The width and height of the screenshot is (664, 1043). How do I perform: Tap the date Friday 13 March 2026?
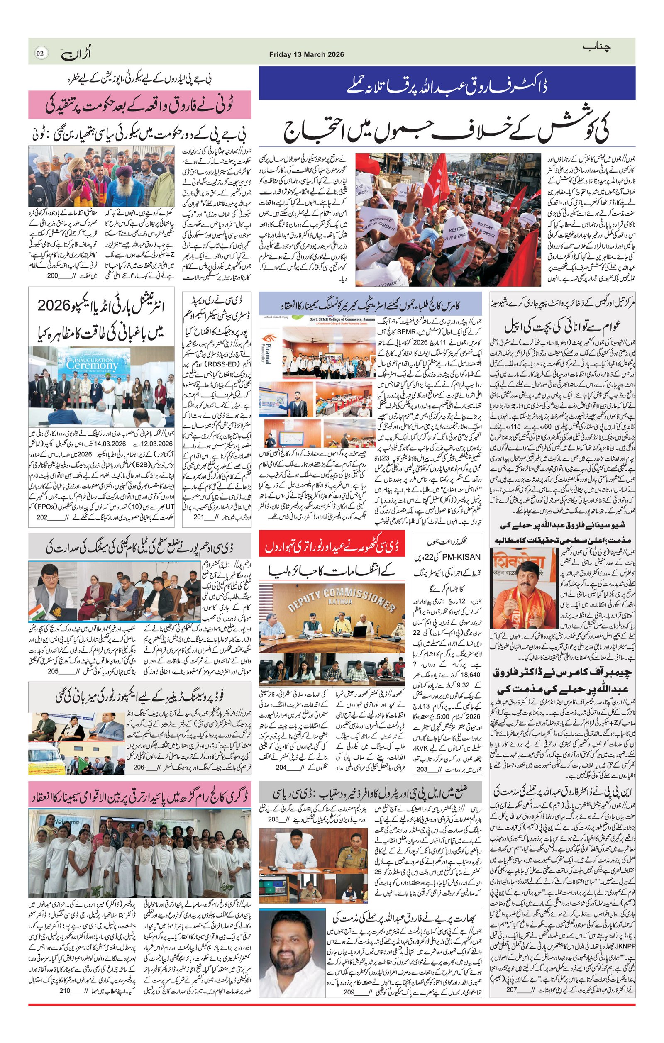pos(306,55)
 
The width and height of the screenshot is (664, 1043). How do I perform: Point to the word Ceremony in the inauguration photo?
pos(86,365)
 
